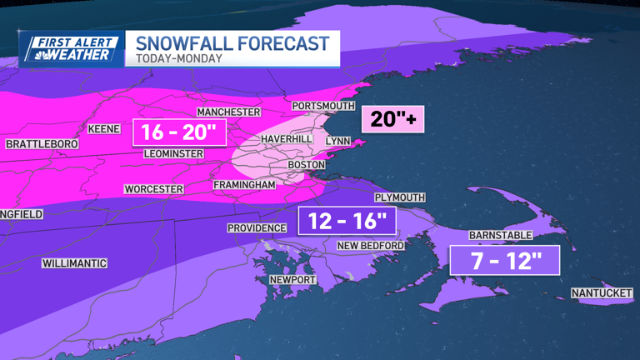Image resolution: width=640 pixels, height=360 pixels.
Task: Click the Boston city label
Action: (x=305, y=165)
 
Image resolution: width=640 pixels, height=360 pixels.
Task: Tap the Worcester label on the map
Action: (x=153, y=189)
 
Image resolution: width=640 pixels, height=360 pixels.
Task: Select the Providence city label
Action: (x=257, y=228)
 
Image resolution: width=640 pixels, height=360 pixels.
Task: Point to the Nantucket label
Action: (x=602, y=293)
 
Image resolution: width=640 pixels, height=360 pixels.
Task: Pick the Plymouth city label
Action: (x=399, y=197)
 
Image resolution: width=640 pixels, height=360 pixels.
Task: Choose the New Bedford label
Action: (x=370, y=246)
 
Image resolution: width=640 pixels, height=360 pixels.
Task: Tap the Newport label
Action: (x=292, y=280)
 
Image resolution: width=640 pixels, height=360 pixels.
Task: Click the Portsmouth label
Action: (x=323, y=106)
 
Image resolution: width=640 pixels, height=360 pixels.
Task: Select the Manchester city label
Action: (x=228, y=112)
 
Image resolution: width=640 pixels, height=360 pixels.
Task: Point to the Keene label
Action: (x=103, y=129)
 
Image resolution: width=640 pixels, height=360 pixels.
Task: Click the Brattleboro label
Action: (x=42, y=144)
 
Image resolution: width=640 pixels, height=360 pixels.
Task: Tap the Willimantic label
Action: (x=74, y=263)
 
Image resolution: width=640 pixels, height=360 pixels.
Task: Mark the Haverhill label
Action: (x=286, y=137)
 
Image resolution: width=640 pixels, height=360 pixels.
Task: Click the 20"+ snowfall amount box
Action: (x=392, y=119)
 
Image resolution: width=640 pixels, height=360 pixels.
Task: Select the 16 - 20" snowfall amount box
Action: (x=178, y=132)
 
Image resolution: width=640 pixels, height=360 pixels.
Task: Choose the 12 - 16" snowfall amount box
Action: (x=347, y=221)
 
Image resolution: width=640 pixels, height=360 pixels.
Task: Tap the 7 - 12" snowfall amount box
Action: (x=504, y=260)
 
